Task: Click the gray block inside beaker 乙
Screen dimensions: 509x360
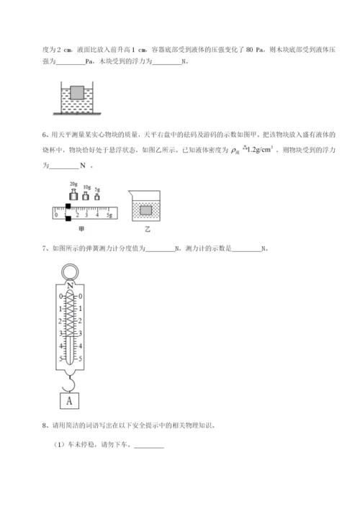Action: coord(146,210)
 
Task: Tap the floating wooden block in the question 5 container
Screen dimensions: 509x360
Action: coord(76,92)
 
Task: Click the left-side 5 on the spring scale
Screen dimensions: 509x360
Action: coord(60,358)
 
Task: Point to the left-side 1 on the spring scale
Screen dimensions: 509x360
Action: coord(60,309)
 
